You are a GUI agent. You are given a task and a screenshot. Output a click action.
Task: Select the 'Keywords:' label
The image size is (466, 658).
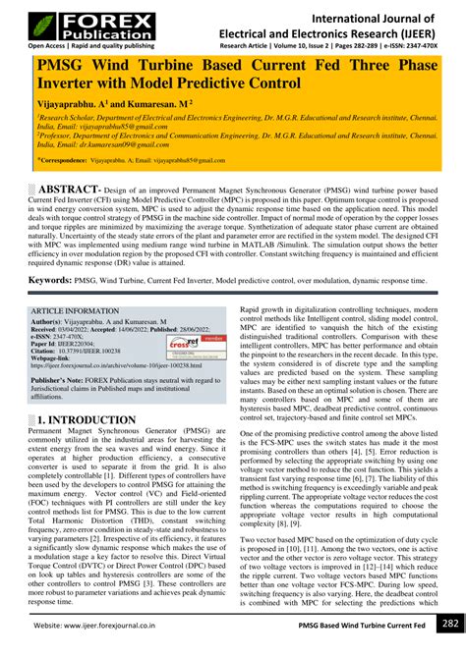(50, 280)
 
